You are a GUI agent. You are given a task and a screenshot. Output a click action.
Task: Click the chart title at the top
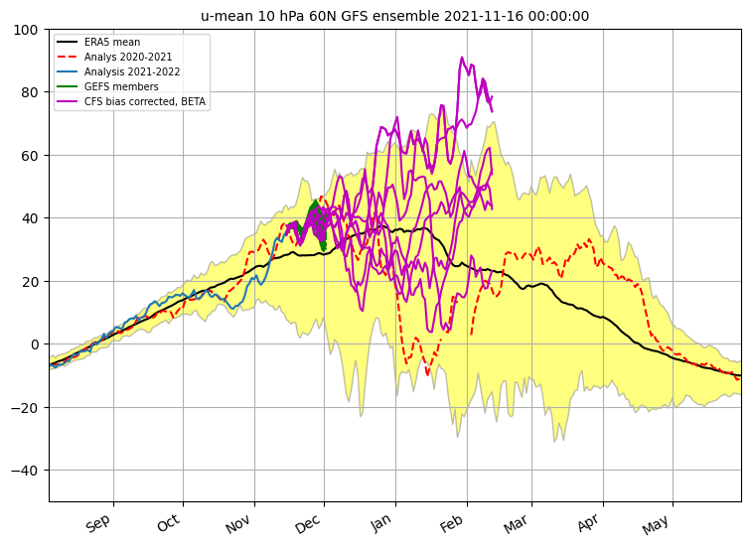(394, 16)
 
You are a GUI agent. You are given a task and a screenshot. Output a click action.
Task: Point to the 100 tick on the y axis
(26, 30)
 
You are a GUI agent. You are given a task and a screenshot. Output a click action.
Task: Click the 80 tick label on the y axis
(29, 92)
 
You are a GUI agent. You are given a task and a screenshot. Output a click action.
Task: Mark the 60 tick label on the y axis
(29, 156)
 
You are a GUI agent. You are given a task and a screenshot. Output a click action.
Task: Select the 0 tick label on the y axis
(34, 344)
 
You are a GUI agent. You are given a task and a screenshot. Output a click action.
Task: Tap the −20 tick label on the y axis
(25, 408)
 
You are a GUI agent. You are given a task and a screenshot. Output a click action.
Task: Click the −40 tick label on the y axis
(25, 471)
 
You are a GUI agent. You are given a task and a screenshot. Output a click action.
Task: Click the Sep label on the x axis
(98, 523)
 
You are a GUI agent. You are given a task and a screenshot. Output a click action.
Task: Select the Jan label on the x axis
(381, 523)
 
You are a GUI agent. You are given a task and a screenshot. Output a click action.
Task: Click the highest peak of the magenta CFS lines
(462, 58)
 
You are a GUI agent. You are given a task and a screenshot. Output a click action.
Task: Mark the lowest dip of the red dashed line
(427, 373)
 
